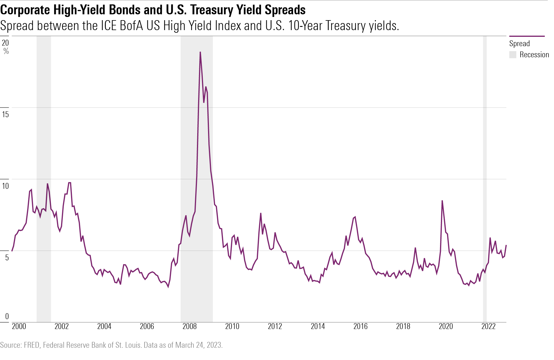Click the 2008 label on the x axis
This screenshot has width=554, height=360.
pyautogui.click(x=189, y=326)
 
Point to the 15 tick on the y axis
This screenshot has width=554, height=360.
pyautogui.click(x=5, y=114)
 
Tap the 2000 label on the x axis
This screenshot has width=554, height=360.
pyautogui.click(x=19, y=326)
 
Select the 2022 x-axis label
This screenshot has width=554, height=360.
pyautogui.click(x=488, y=326)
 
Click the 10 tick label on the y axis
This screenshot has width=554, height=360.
pyautogui.click(x=5, y=186)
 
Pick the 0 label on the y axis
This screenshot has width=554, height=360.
pyautogui.click(x=7, y=316)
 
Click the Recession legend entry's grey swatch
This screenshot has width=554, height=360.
pyautogui.click(x=513, y=55)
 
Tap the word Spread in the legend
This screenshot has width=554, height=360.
pyautogui.click(x=519, y=44)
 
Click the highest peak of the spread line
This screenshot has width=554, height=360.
pyautogui.click(x=200, y=52)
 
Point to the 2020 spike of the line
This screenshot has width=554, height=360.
pyautogui.click(x=442, y=201)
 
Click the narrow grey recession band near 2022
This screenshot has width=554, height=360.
pyautogui.click(x=485, y=175)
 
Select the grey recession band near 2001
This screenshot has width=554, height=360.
pyautogui.click(x=44, y=175)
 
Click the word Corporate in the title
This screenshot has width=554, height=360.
pyautogui.click(x=25, y=10)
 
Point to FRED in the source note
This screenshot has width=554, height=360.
pyautogui.click(x=32, y=345)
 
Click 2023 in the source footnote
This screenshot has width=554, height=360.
pyautogui.click(x=214, y=345)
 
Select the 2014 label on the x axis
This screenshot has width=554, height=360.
pyautogui.click(x=318, y=326)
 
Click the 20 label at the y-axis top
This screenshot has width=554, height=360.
pyautogui.click(x=5, y=43)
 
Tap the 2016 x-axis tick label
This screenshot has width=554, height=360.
pyautogui.click(x=360, y=326)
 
